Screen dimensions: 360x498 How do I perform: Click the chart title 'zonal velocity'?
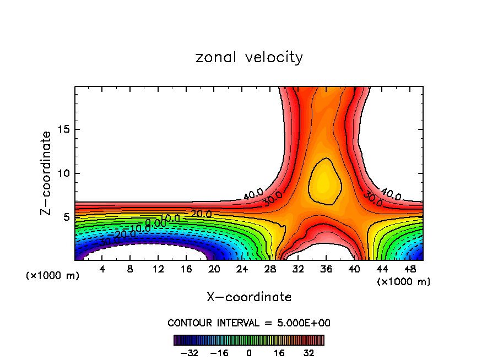249,57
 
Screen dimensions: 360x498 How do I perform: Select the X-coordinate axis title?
249,297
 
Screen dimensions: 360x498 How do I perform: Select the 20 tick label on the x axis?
214,269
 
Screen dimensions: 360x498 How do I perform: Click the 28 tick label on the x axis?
270,269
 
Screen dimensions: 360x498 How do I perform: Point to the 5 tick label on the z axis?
67,217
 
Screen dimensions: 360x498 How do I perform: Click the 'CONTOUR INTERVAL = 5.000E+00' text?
249,323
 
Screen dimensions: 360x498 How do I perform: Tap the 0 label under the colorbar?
249,353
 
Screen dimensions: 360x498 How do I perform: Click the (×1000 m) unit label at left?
53,276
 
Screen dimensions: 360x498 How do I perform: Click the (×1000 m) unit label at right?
404,282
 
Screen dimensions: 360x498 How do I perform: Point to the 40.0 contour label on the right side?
391,194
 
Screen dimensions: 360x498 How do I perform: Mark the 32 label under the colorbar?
309,353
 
